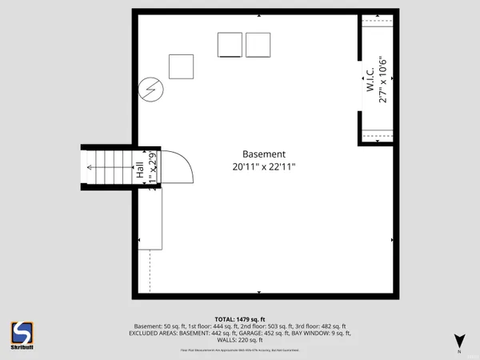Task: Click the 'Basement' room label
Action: tap(264, 154)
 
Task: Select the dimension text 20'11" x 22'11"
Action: tap(264, 167)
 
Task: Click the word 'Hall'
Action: tap(140, 170)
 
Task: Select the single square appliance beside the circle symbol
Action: tap(182, 66)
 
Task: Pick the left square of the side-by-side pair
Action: tap(230, 45)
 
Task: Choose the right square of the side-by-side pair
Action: tap(258, 45)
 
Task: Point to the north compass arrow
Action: tap(458, 340)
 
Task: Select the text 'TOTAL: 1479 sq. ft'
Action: tap(240, 319)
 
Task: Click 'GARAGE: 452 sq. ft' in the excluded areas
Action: tap(271, 333)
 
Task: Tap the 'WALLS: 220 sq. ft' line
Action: tap(240, 339)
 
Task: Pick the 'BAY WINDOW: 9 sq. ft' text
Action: tap(323, 333)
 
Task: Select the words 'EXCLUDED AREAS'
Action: tap(154, 333)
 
